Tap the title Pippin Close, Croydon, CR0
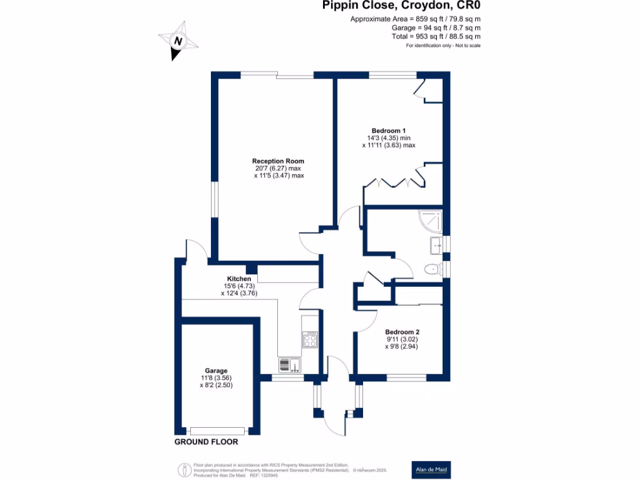402,6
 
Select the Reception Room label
279,161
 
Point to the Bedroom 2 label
402,332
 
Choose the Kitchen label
238,279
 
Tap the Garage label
216,370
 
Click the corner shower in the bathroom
433,219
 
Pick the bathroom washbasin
436,245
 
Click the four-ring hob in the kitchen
310,340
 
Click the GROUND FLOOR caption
207,442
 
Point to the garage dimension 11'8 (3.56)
216,378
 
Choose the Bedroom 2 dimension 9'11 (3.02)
402,339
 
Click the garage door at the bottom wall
218,430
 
